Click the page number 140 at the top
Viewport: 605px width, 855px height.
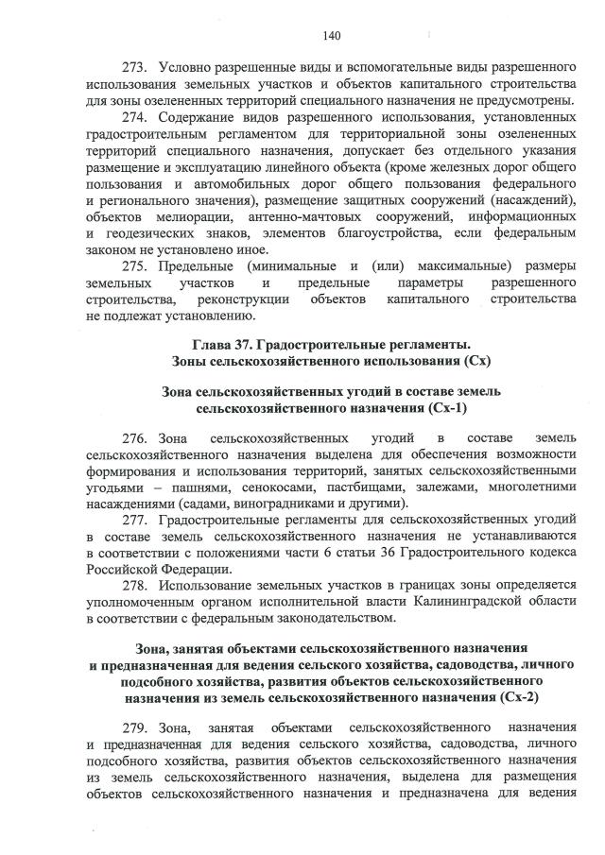[331, 36]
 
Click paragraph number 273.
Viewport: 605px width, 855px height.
[139, 68]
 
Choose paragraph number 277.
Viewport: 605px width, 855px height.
[139, 520]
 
